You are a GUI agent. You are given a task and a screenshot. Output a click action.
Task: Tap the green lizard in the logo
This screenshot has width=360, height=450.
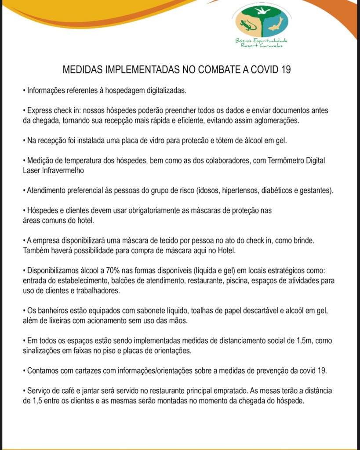tap(247, 25)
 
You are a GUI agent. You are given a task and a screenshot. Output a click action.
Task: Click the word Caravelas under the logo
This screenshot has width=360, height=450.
tap(271, 45)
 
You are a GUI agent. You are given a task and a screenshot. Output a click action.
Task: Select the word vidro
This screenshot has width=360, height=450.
tap(161, 141)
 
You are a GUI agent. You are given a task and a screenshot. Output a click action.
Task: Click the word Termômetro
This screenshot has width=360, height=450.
tap(280, 160)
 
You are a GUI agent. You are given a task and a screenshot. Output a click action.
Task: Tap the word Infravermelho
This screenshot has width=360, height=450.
tap(62, 170)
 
